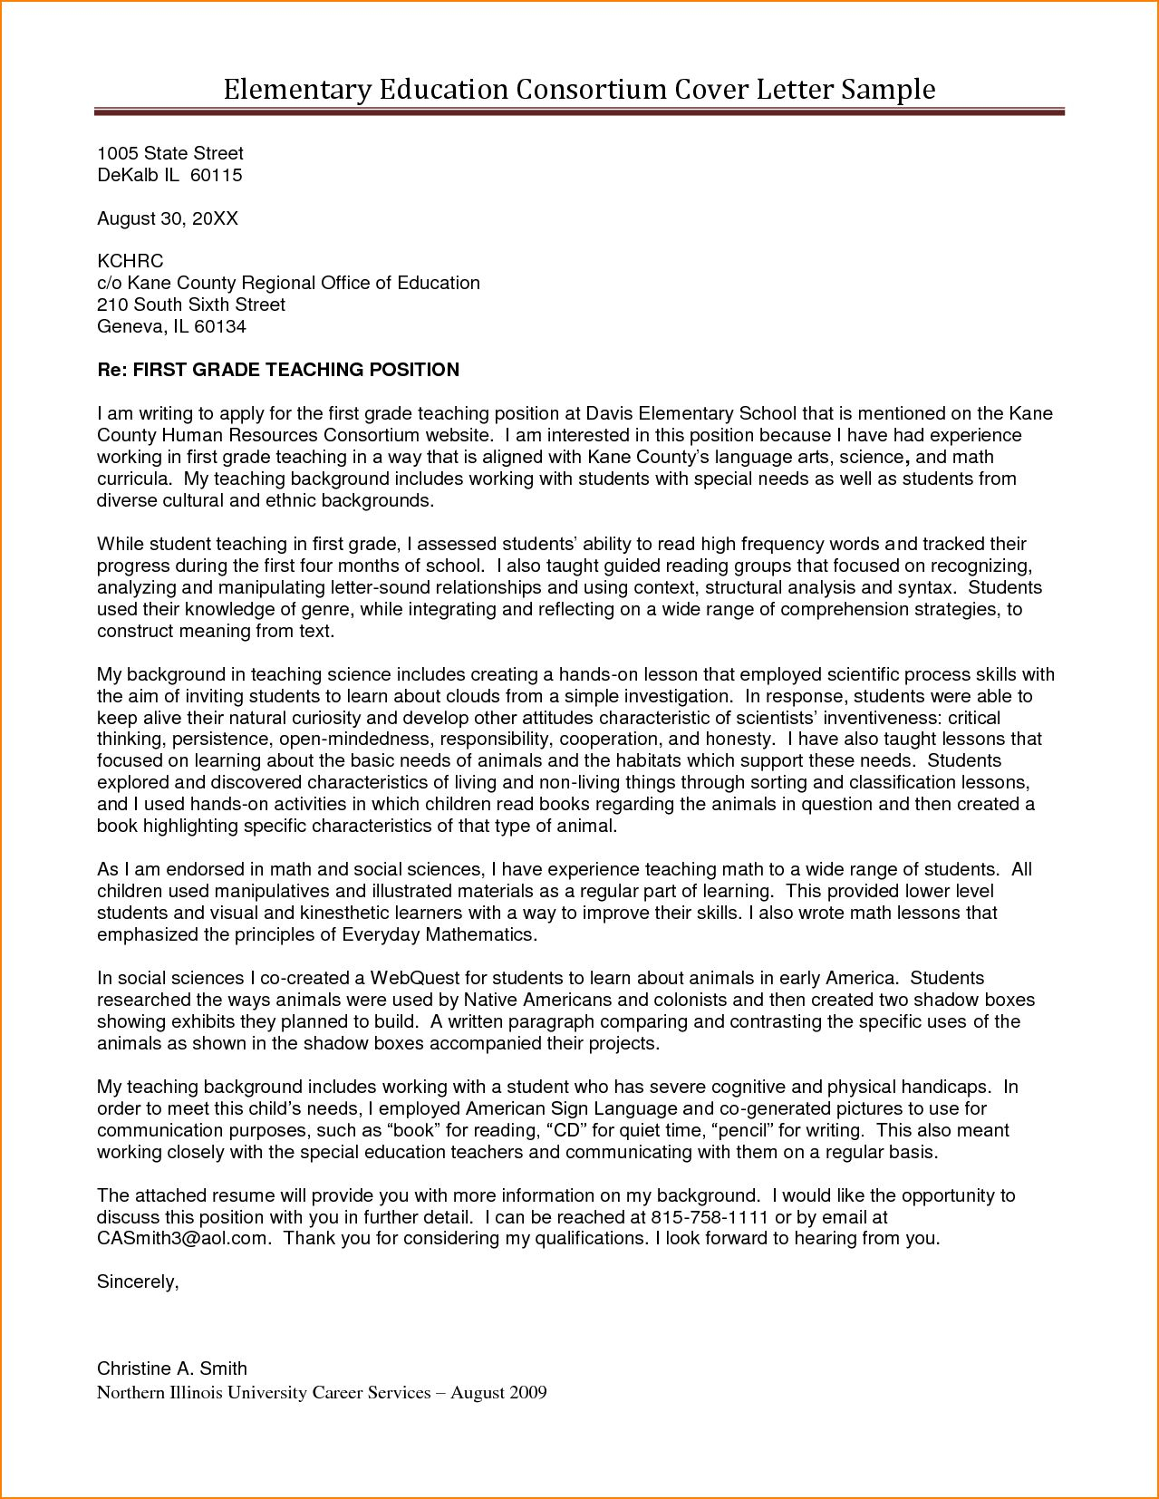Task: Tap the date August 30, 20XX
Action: [168, 218]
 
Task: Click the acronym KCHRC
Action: [130, 262]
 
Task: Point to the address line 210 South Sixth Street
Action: [191, 305]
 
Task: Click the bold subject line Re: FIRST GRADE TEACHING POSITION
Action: [278, 370]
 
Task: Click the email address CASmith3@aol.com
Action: [184, 1240]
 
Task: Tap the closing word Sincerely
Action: [138, 1282]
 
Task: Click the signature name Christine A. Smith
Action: [172, 1369]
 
